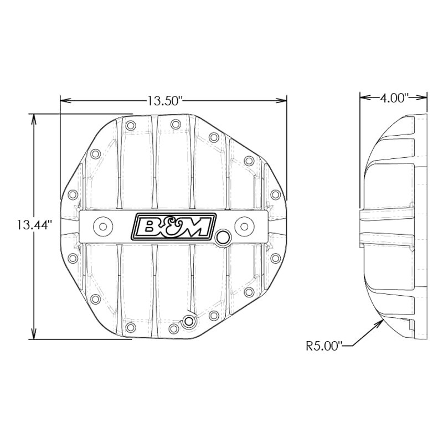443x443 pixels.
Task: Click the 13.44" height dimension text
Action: click(34, 225)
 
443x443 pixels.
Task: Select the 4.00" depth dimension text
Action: click(394, 98)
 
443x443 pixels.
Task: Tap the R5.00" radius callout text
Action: click(324, 346)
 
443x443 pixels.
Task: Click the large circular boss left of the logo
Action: click(103, 226)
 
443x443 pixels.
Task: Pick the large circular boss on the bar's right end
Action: click(244, 226)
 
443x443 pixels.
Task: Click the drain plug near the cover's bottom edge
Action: click(189, 322)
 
